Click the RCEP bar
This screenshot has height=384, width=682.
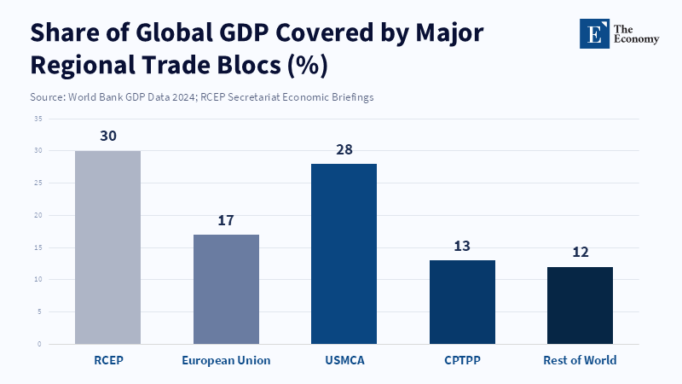coord(108,247)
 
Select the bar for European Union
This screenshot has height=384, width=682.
coord(226,289)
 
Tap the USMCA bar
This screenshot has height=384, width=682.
coord(344,253)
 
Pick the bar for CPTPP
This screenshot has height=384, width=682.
coord(462,302)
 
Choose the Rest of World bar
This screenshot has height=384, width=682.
coord(580,305)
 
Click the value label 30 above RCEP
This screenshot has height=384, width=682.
coord(108,137)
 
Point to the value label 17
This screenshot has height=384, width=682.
coord(226,220)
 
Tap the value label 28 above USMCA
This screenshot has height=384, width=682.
coord(344,149)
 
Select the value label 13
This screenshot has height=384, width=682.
coord(462,246)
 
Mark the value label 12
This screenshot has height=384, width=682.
coord(580,253)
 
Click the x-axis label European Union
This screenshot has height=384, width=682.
coord(226,360)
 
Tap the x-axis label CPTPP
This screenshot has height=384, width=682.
coord(462,360)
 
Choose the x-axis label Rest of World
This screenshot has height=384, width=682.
coord(580,360)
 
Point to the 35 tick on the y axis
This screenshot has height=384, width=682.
coord(38,119)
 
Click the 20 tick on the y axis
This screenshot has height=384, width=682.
coord(38,215)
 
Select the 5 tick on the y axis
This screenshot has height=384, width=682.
coord(39,311)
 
